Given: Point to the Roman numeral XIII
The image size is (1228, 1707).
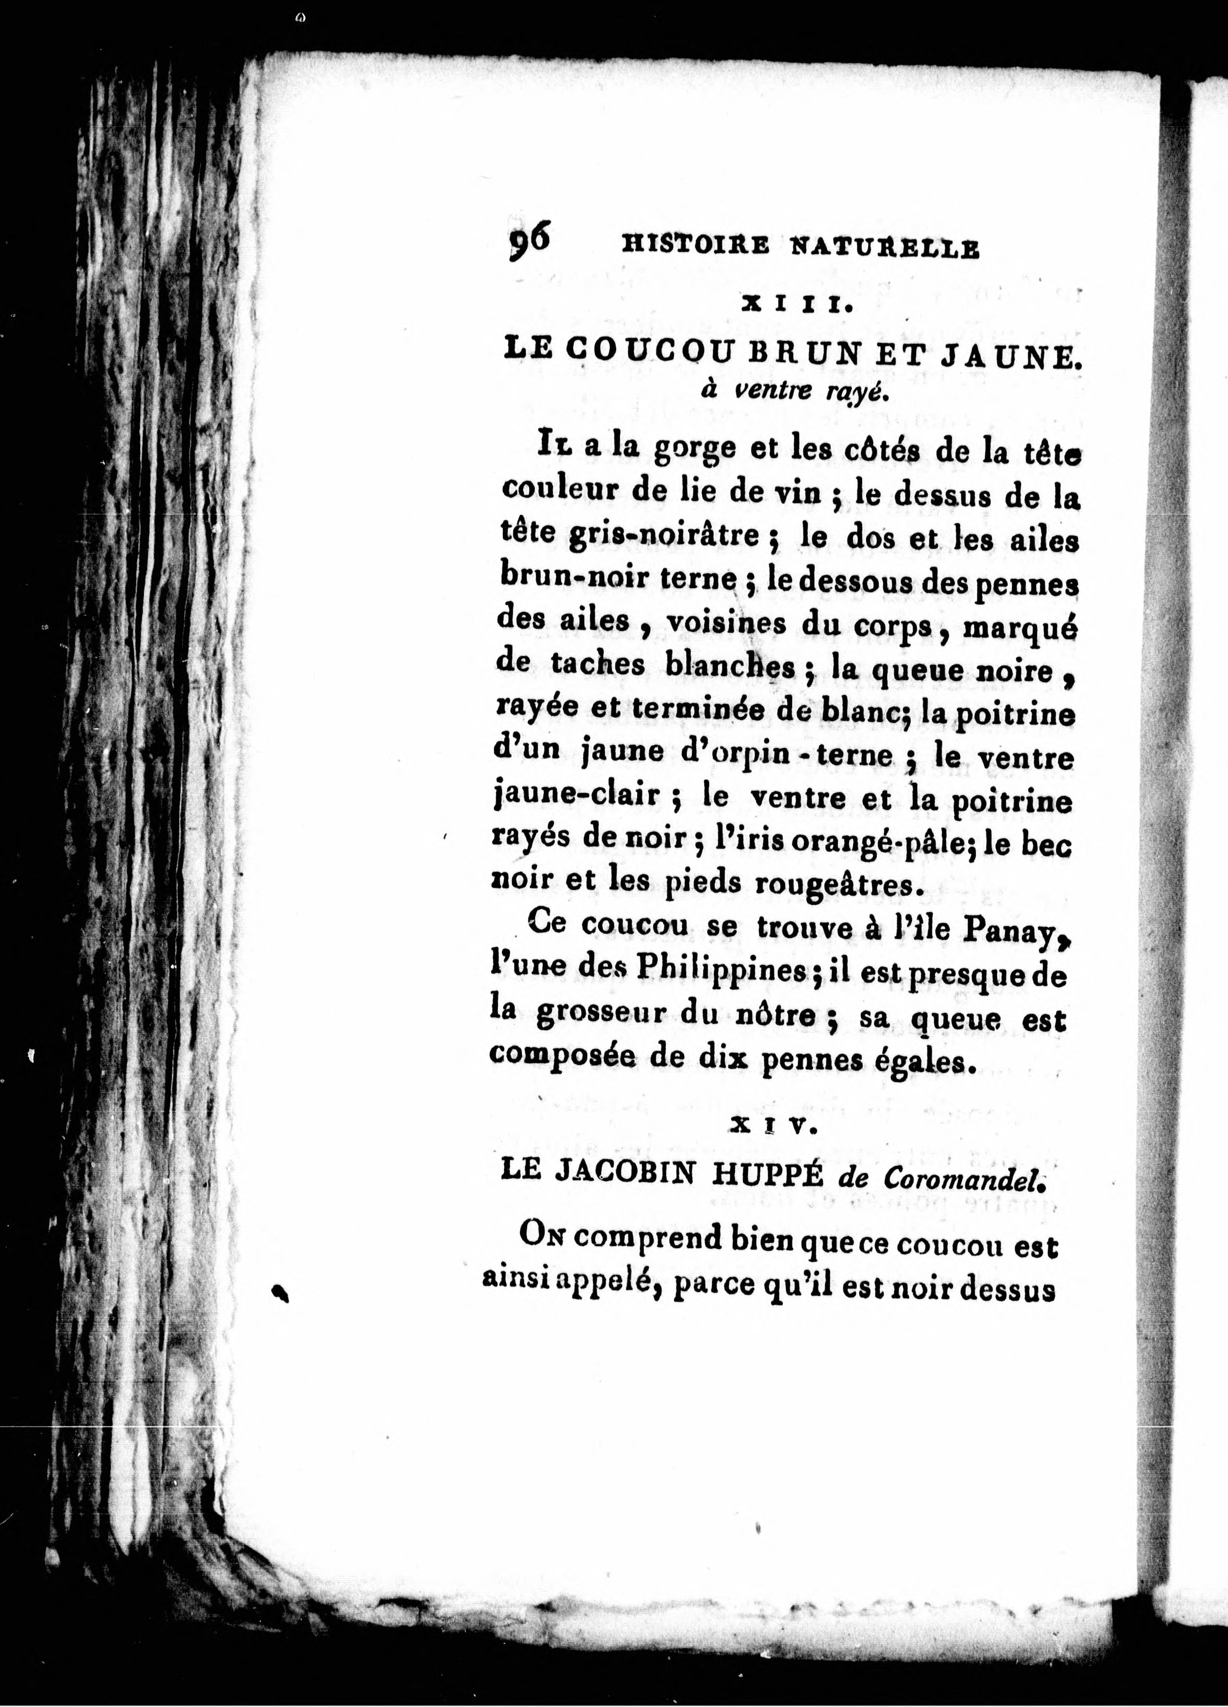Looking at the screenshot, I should click(x=796, y=306).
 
